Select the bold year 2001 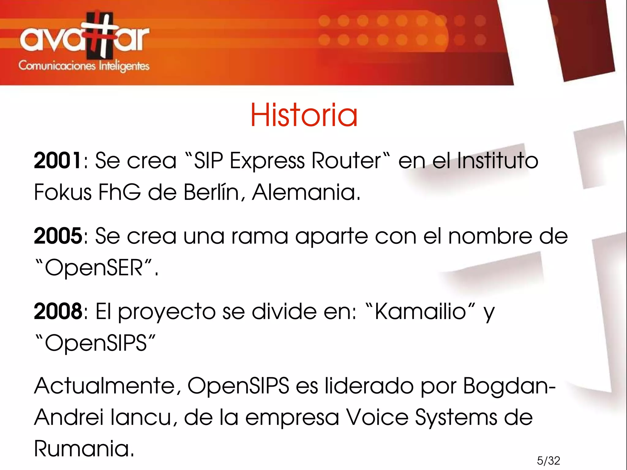click(58, 160)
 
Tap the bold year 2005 click(58, 236)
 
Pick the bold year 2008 click(58, 311)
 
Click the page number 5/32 click(548, 461)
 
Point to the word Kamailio click(420, 311)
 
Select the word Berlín click(211, 192)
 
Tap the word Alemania click(306, 192)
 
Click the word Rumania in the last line click(84, 448)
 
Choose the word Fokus click(63, 192)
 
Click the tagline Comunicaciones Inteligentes click(84, 66)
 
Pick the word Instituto click(497, 160)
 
